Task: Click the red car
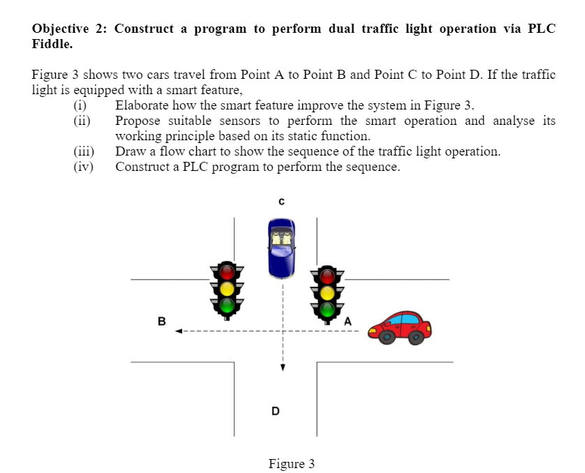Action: (399, 327)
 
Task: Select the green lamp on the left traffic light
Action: (226, 304)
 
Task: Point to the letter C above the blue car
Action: (281, 202)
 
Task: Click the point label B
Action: (161, 322)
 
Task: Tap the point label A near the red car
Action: (347, 321)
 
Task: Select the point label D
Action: (276, 411)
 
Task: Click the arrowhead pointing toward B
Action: (179, 331)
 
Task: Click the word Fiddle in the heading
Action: (52, 43)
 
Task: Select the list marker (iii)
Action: (84, 151)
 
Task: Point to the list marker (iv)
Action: (84, 167)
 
